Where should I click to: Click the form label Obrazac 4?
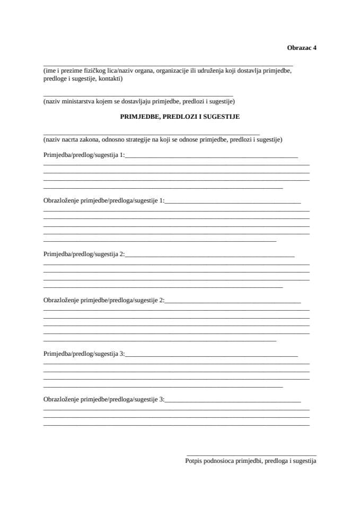pyautogui.click(x=302, y=47)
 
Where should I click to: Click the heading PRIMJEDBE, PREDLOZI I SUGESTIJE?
pyautogui.click(x=180, y=116)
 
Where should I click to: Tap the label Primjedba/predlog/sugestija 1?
pyautogui.click(x=84, y=155)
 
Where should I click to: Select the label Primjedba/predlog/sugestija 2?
pyautogui.click(x=84, y=254)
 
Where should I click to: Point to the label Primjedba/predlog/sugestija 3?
pyautogui.click(x=84, y=354)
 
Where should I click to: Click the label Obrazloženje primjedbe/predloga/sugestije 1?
pyautogui.click(x=104, y=201)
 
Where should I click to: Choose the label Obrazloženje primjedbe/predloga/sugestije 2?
pyautogui.click(x=104, y=300)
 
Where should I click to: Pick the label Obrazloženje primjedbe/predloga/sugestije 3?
pyautogui.click(x=104, y=399)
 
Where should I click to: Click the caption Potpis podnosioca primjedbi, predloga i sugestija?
pyautogui.click(x=251, y=461)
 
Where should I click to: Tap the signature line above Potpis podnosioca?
pyautogui.click(x=251, y=455)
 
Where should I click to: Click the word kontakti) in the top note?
pyautogui.click(x=110, y=78)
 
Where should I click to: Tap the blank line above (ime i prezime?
pyautogui.click(x=168, y=64)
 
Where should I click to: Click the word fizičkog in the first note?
pyautogui.click(x=91, y=71)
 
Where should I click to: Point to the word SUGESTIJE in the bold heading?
pyautogui.click(x=224, y=116)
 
